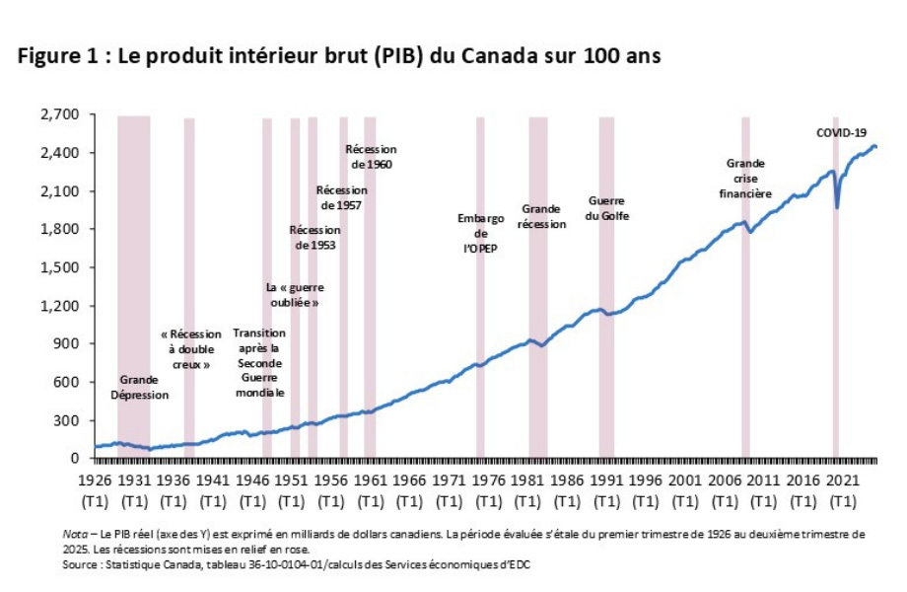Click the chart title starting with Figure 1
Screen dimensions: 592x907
[339, 56]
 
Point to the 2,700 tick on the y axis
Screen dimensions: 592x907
[60, 114]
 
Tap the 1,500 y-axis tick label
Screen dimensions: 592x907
[60, 267]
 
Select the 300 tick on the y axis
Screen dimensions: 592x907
[67, 420]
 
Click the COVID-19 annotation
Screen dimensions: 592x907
[840, 132]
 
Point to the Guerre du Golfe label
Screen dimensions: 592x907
[608, 208]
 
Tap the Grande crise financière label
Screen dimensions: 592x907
[745, 179]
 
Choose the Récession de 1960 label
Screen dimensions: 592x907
[370, 157]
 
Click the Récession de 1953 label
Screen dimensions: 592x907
[314, 237]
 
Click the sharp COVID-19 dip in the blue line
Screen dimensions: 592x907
[837, 206]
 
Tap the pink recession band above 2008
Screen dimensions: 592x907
[745, 296]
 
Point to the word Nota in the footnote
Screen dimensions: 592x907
[74, 534]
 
